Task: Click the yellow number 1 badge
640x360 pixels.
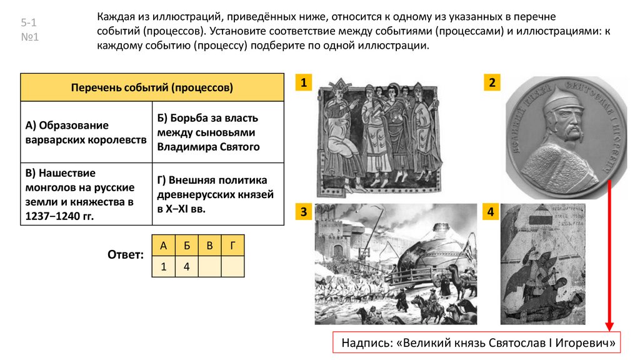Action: [x=303, y=83]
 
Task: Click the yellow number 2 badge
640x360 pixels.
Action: [x=492, y=83]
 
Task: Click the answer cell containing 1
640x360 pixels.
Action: [x=163, y=267]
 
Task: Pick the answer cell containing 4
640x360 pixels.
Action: [x=186, y=267]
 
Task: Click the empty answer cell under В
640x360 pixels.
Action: [x=209, y=267]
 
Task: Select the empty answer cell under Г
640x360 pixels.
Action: [x=232, y=267]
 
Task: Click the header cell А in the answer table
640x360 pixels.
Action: [x=163, y=246]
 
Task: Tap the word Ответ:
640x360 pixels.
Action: [x=126, y=255]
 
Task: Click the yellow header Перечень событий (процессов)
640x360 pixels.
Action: [x=152, y=87]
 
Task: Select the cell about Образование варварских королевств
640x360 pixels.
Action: [x=86, y=132]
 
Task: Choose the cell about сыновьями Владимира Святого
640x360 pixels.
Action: [x=217, y=132]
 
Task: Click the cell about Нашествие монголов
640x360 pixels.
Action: [x=86, y=194]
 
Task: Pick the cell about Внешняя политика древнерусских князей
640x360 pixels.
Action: [x=217, y=194]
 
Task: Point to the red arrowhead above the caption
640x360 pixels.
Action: [x=609, y=326]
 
